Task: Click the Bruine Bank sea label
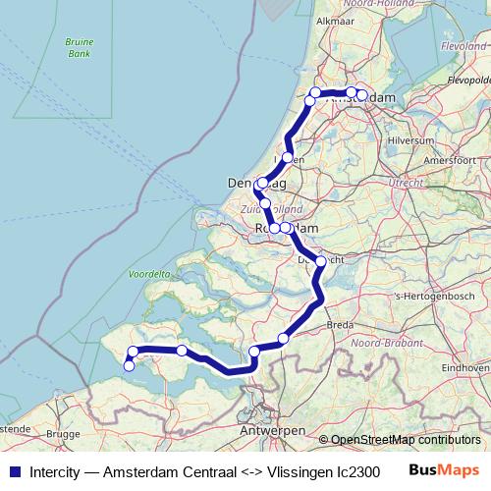coord(78,48)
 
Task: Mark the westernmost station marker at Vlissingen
coord(129,366)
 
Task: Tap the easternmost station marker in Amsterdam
coord(362,95)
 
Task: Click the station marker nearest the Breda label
coord(284,339)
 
